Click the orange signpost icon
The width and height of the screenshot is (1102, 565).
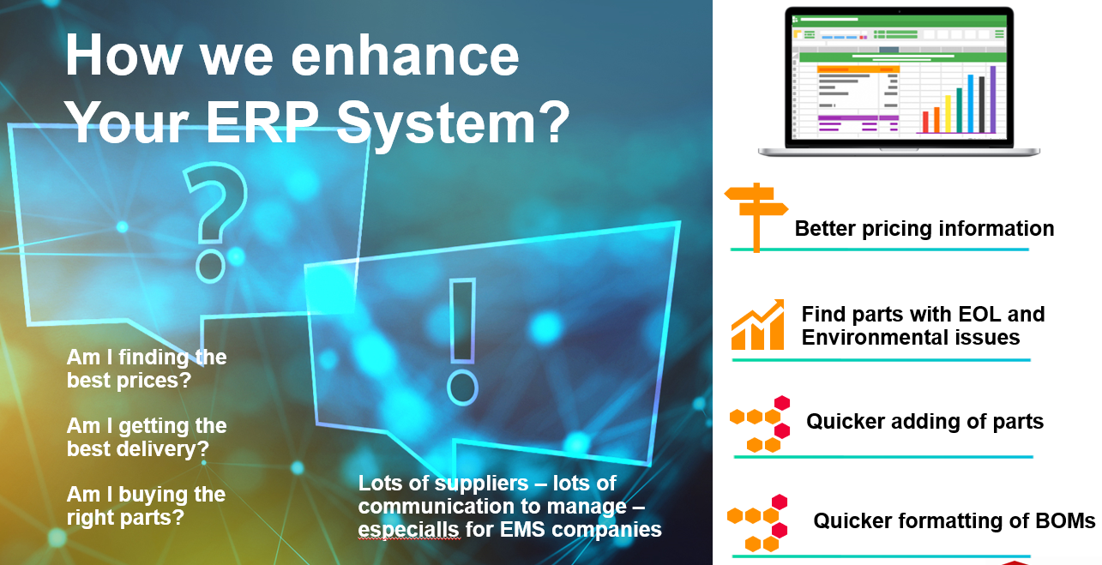[x=756, y=216]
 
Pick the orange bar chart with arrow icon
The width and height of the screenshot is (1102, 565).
[x=758, y=325]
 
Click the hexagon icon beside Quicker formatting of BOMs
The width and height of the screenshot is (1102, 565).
[x=758, y=522]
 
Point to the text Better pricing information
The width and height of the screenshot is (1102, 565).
[x=924, y=229]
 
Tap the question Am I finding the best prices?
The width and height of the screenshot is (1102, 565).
[x=147, y=369]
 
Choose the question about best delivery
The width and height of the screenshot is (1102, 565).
[x=147, y=437]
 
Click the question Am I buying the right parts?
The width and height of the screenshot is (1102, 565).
[x=146, y=506]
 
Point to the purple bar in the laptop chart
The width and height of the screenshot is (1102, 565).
[x=993, y=99]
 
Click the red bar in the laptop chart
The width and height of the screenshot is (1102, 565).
[x=925, y=122]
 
